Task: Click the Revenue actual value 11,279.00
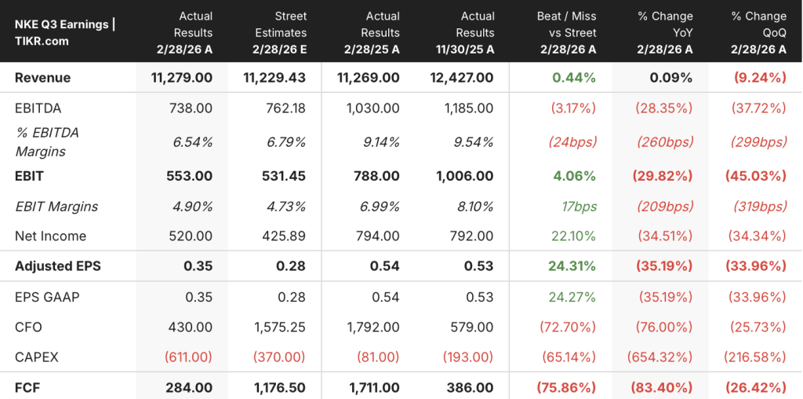click(182, 78)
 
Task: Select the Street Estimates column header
click(280, 32)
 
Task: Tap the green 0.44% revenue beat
click(574, 78)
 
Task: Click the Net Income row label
click(51, 236)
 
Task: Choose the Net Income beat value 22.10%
click(574, 236)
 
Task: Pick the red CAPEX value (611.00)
click(188, 357)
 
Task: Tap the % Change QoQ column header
click(759, 32)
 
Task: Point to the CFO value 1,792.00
click(374, 328)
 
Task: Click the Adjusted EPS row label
click(58, 266)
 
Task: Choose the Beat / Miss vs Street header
click(567, 32)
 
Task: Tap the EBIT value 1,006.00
click(466, 177)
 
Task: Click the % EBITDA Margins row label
click(47, 142)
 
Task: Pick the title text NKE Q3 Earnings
click(61, 24)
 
